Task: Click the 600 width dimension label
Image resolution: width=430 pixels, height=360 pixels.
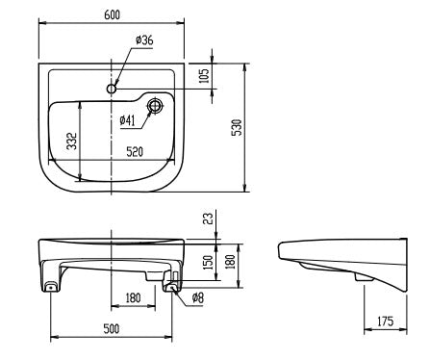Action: pos(112,14)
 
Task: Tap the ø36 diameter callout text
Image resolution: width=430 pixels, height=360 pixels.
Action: pos(144,40)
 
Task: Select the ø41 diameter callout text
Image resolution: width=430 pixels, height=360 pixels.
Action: pos(127,120)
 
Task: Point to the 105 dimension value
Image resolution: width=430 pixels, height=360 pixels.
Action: pos(204,76)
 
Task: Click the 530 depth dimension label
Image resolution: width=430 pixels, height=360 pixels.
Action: pos(237,127)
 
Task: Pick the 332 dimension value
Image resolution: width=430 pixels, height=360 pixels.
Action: pos(72,141)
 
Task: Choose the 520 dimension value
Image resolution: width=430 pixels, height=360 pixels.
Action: pos(135,152)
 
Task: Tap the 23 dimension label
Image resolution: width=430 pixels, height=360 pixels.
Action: pos(209,219)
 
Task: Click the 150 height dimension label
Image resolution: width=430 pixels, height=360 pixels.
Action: pos(209,262)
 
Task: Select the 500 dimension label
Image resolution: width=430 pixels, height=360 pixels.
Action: pos(112,328)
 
